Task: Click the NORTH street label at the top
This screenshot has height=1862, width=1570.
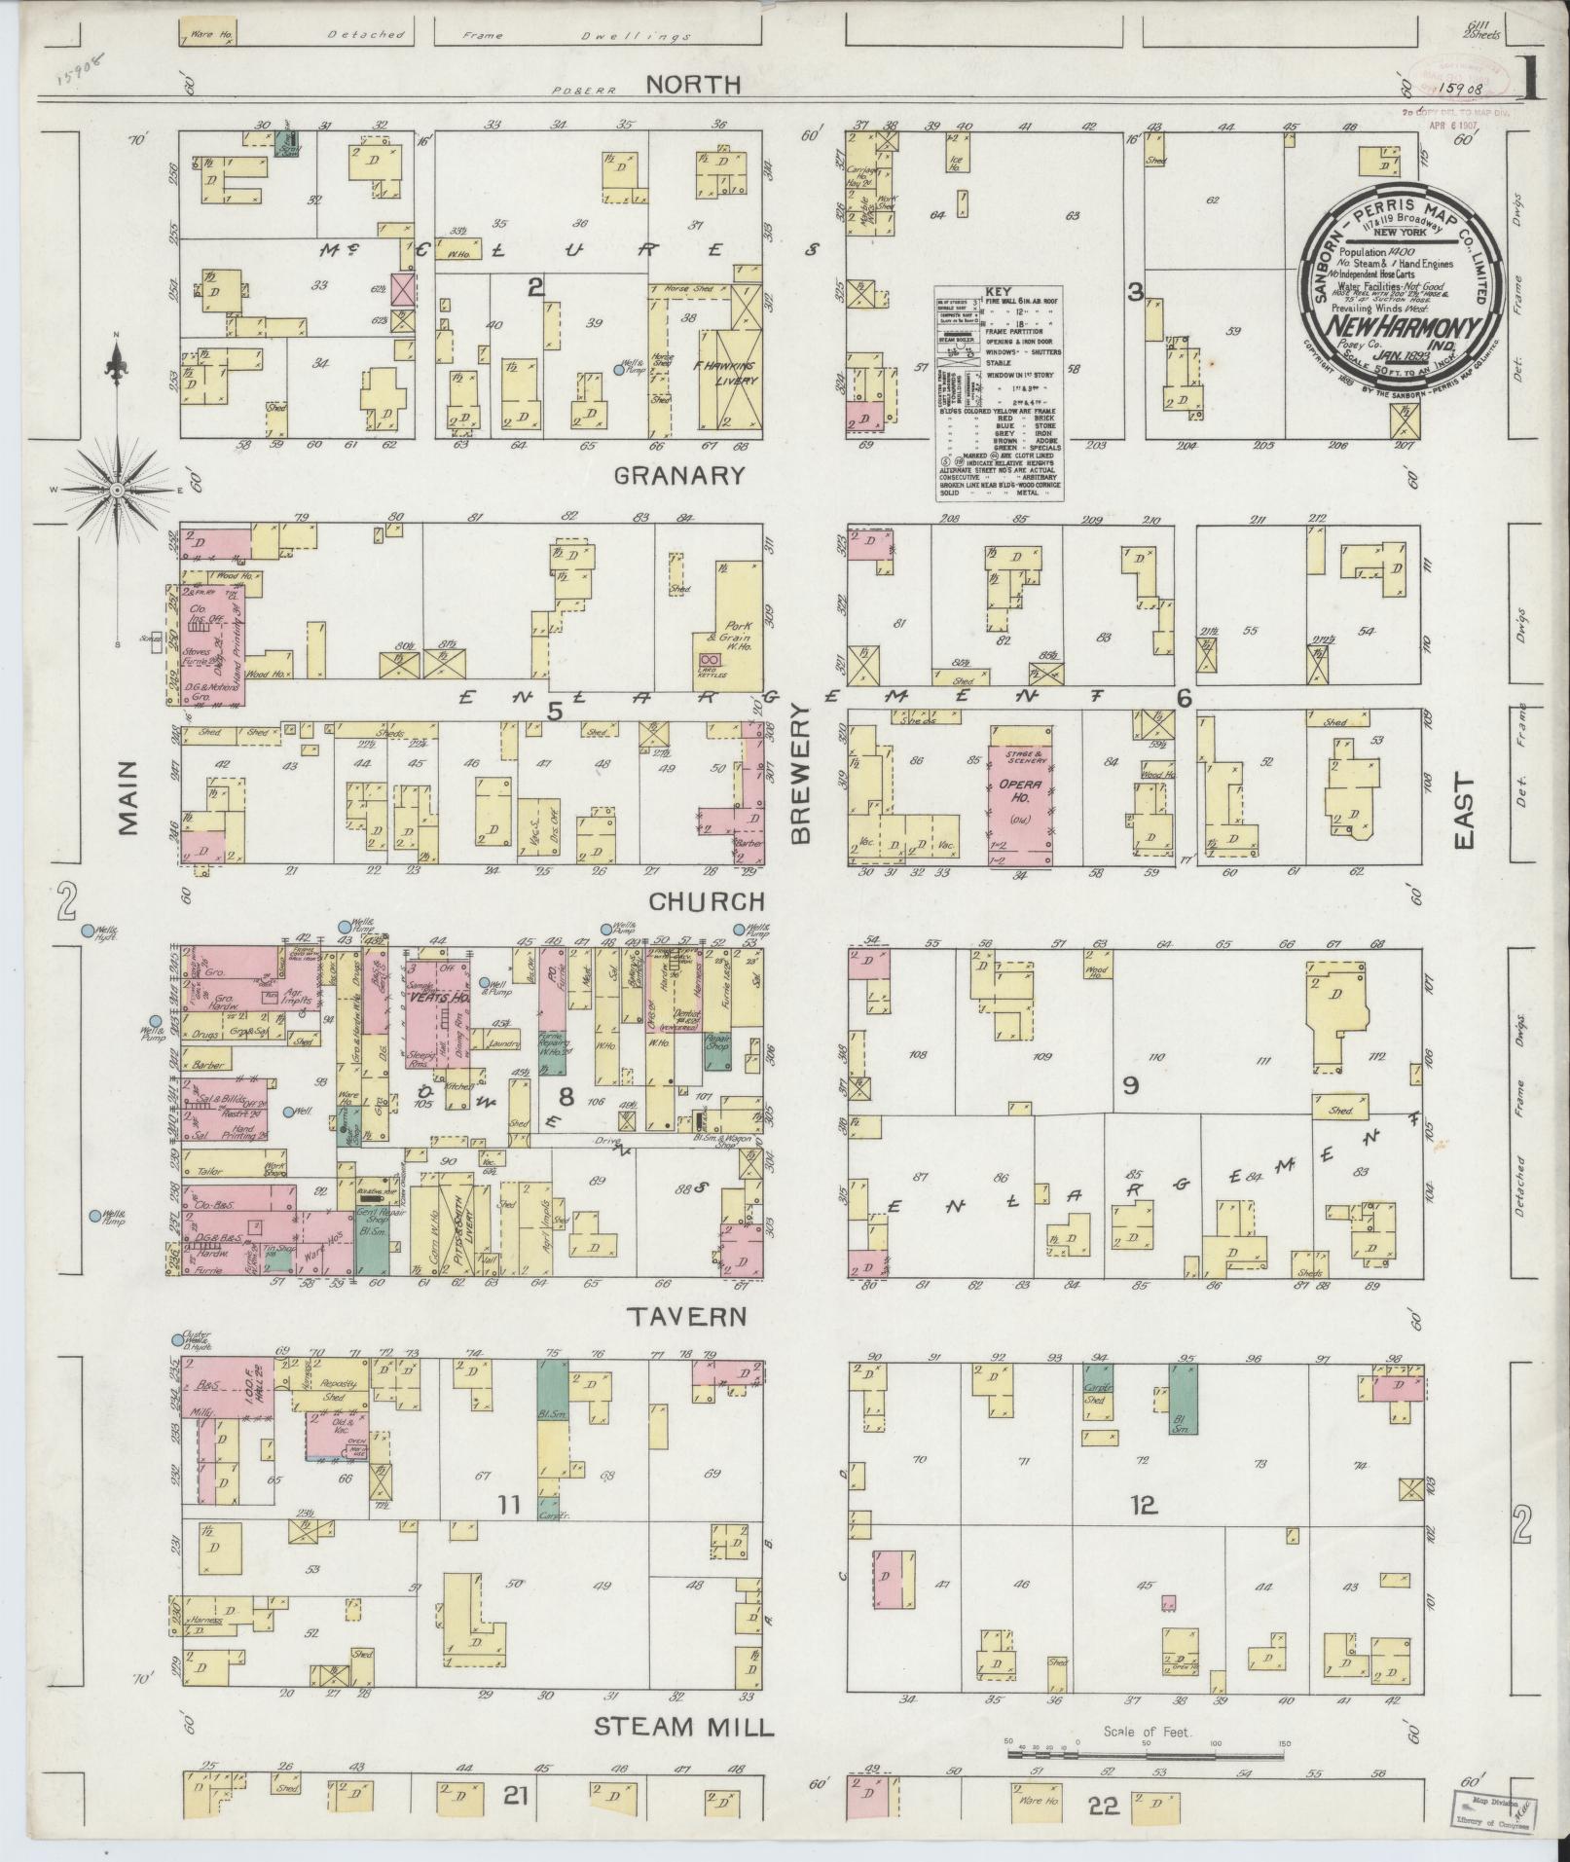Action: tap(694, 86)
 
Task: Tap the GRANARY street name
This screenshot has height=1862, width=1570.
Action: tap(679, 476)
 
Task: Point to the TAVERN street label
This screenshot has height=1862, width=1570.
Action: tap(686, 1318)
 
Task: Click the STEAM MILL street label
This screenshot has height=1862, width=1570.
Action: tap(683, 1729)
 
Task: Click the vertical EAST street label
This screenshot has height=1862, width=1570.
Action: tap(1463, 812)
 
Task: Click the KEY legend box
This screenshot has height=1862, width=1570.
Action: tap(998, 393)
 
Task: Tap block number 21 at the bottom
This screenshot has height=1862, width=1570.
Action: tap(515, 1797)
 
